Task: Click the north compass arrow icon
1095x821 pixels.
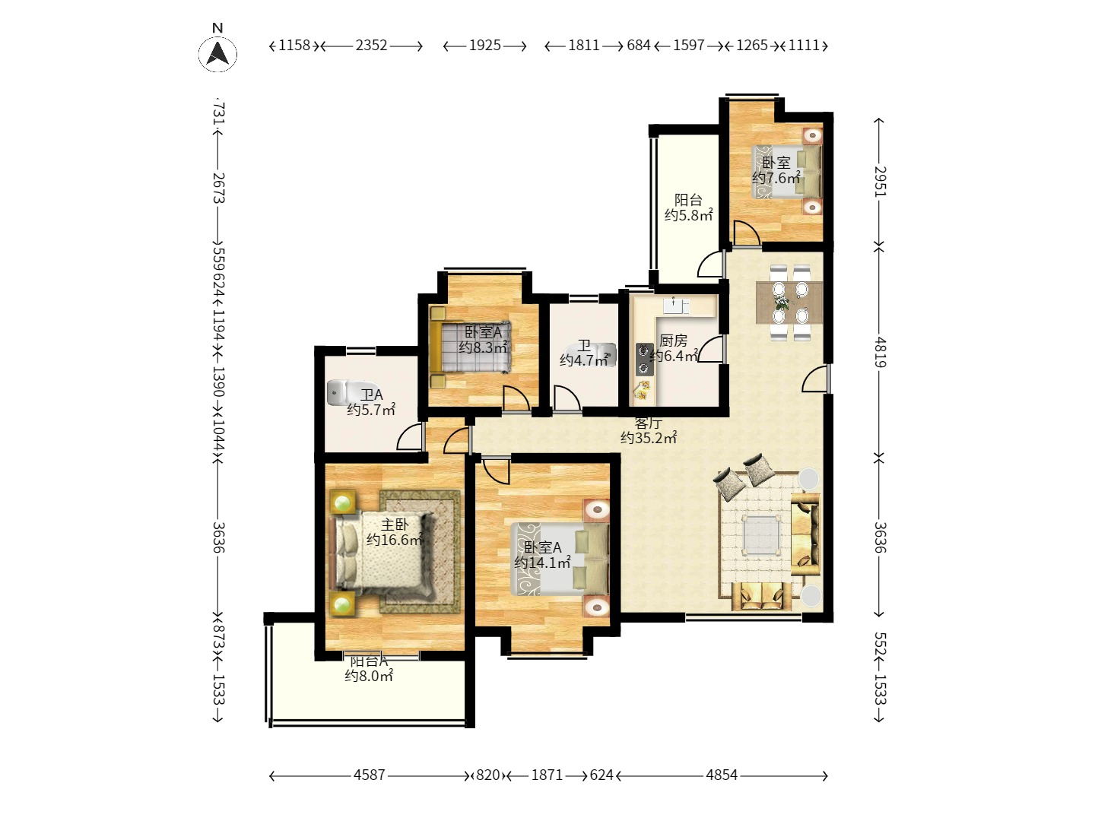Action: click(217, 54)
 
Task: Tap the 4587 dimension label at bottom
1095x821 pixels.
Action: click(370, 775)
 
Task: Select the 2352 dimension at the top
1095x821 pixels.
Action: click(371, 46)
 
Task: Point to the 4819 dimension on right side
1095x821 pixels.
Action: click(880, 352)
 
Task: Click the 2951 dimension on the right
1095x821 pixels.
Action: click(880, 182)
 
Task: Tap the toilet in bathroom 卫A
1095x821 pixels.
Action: click(338, 393)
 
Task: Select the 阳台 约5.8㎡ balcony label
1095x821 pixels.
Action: click(688, 208)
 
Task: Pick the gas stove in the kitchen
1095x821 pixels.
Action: click(645, 360)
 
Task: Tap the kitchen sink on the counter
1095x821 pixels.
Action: click(674, 306)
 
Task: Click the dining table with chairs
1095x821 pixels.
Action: click(790, 303)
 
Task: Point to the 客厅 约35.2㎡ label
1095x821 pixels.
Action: click(649, 431)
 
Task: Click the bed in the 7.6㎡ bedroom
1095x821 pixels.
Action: click(788, 172)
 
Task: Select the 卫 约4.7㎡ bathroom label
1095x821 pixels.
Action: click(584, 353)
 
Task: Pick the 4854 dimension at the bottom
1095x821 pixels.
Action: click(722, 775)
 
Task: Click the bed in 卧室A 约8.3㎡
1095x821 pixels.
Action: click(471, 347)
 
